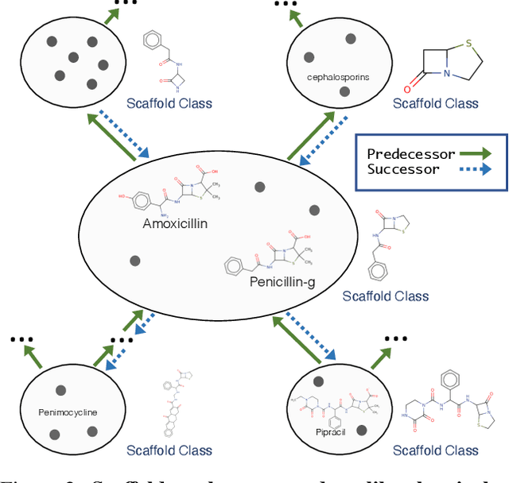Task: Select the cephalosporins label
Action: pos(337,77)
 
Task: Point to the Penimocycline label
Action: pos(67,412)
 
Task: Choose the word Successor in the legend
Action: pos(402,169)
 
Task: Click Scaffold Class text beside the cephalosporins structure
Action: pos(437,102)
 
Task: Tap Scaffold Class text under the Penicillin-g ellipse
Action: pos(385,296)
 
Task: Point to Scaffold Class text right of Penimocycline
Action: pos(169,450)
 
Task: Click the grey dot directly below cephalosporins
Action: pos(344,92)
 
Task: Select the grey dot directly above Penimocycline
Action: pos(60,390)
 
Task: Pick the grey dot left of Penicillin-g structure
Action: pos(135,261)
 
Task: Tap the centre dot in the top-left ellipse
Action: pos(73,56)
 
